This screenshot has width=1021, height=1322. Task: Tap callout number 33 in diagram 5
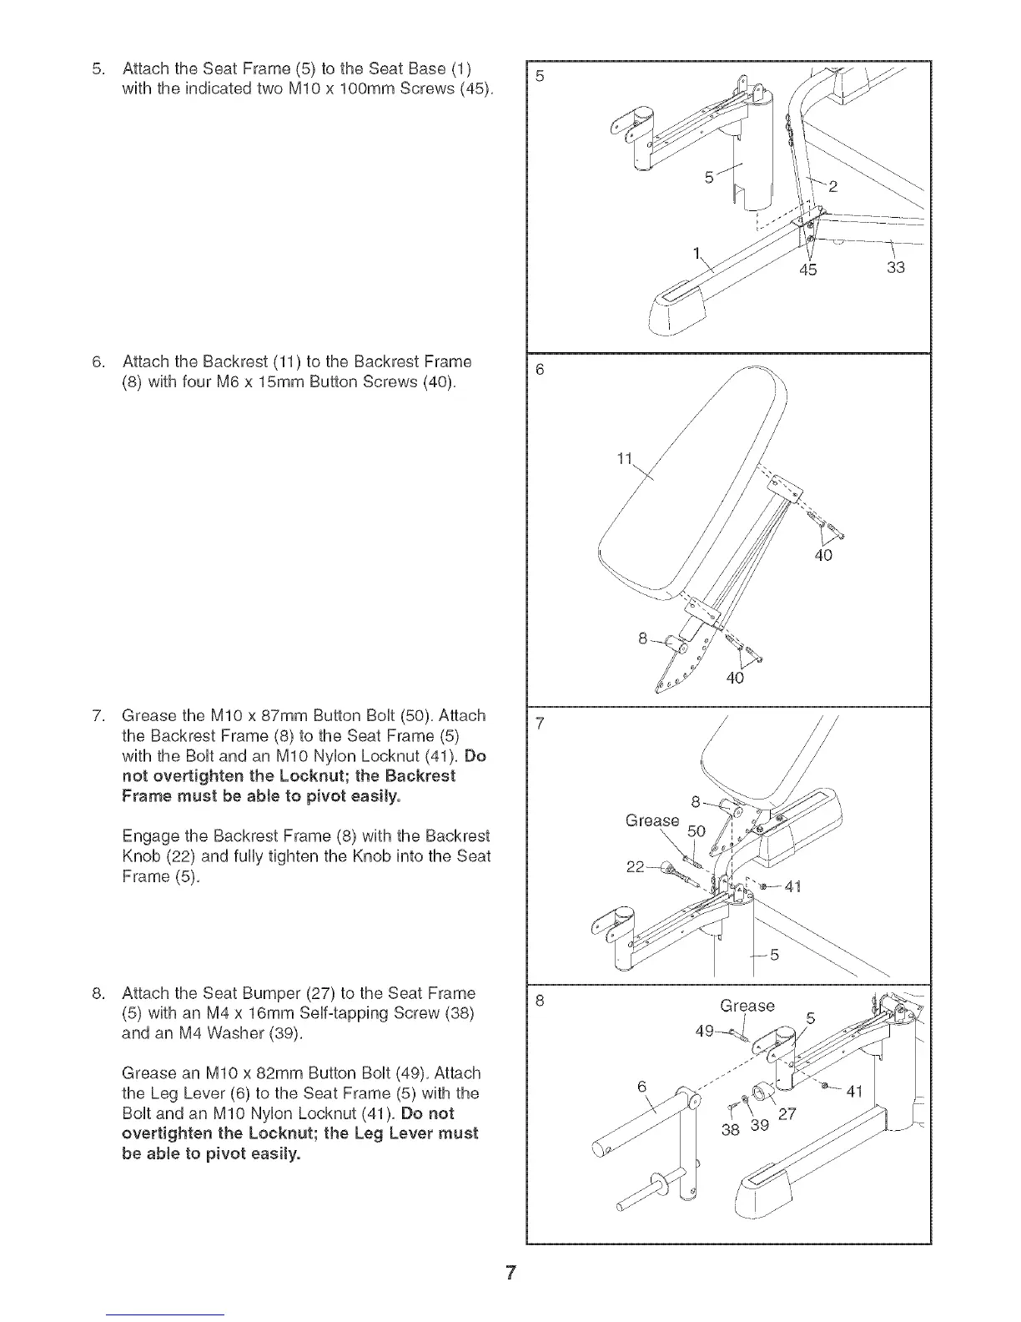(897, 268)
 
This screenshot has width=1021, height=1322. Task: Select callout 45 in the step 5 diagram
(808, 269)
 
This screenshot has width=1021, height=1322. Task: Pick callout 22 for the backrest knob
(636, 867)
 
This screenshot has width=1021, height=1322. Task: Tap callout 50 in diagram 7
(696, 832)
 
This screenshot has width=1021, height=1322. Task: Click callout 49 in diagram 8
(706, 1031)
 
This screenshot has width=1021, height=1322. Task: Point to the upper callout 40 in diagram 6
(823, 554)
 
